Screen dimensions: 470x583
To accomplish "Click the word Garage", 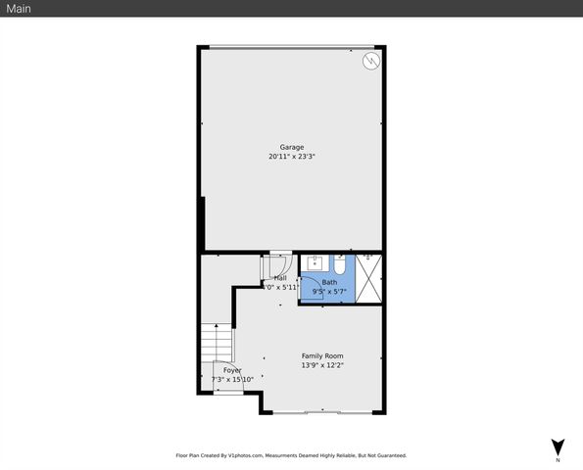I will [x=291, y=147].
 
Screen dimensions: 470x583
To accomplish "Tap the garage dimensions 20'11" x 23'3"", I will [x=291, y=157].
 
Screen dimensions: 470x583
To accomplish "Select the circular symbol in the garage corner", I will [x=370, y=62].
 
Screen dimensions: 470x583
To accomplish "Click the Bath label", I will [x=328, y=282].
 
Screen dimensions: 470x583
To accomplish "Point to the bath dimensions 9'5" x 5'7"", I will [x=328, y=291].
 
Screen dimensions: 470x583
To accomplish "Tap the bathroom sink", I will [x=315, y=262].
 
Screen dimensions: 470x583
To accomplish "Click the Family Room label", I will [x=321, y=356].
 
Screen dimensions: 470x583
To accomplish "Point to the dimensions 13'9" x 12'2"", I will [x=321, y=365].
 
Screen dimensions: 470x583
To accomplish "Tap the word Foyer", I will [x=232, y=370].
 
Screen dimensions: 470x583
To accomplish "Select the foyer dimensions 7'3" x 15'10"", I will [x=232, y=379].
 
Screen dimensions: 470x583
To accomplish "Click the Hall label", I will [x=280, y=278].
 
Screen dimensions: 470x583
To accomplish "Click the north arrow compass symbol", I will [x=558, y=446].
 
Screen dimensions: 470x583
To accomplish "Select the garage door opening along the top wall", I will [x=291, y=45].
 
